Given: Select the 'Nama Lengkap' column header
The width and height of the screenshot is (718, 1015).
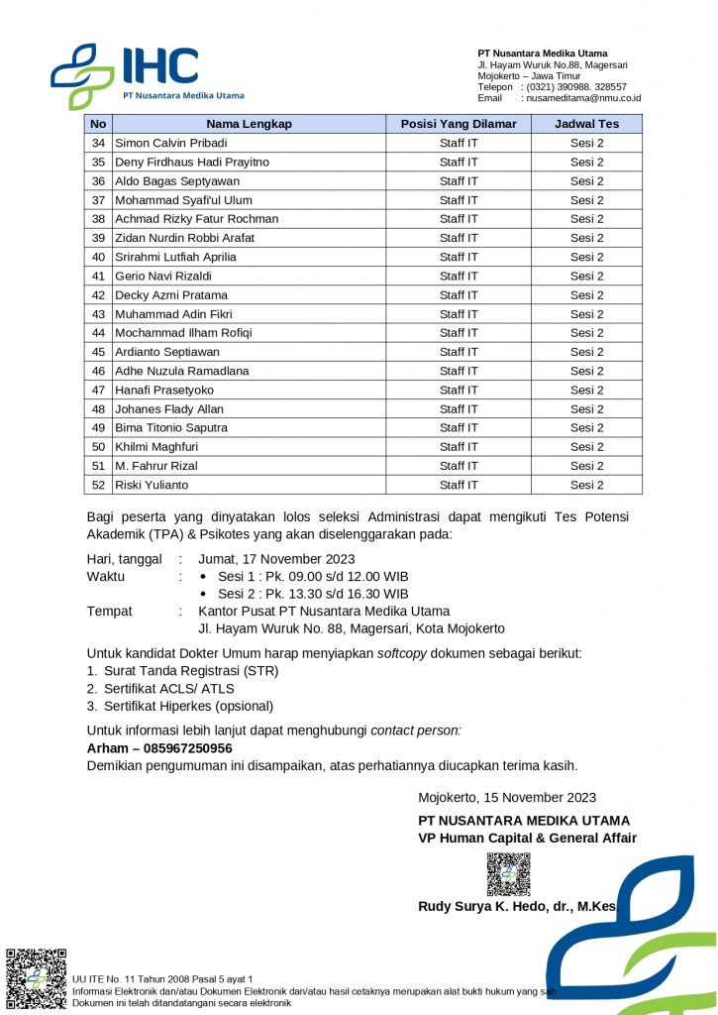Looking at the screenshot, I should pos(249,124).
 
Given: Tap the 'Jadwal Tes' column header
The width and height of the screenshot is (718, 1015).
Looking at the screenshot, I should pos(586,124).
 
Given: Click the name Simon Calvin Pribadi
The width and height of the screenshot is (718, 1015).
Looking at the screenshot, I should pos(171,143).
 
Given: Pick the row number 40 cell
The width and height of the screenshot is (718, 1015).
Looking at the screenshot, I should pos(98,257).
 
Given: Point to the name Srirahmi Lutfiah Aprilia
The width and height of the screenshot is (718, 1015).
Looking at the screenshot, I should pos(175,257).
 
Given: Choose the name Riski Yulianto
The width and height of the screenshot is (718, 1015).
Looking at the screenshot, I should pos(152,485).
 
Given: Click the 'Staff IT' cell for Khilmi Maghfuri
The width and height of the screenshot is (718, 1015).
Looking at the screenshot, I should pos(459,447).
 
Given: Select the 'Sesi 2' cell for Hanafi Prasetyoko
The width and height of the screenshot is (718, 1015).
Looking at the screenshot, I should pos(586,390).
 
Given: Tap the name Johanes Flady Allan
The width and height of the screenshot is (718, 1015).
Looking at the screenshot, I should pos(169,408).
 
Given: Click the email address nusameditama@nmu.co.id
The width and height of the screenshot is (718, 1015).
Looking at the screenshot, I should pos(583,98).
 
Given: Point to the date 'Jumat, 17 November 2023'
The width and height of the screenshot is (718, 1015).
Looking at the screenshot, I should pos(276,559).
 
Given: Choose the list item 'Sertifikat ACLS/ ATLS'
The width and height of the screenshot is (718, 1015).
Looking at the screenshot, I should pos(169,688).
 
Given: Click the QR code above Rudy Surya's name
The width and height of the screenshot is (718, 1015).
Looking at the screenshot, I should pos(507,874).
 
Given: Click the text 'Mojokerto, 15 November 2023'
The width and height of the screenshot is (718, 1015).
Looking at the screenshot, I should pos(507,797).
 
